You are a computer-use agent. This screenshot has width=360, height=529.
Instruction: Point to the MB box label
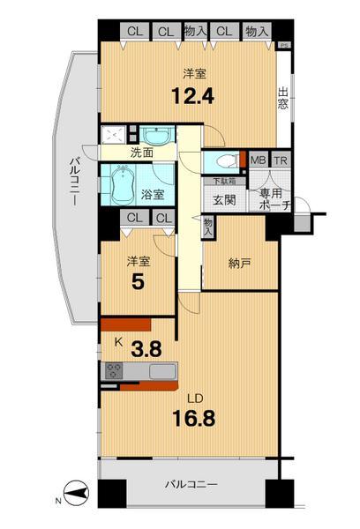[258, 160]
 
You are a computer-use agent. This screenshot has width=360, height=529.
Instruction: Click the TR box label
[280, 160]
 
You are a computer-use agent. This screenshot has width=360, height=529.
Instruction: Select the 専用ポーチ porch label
[270, 199]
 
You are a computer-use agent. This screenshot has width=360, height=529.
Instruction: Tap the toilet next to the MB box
[228, 161]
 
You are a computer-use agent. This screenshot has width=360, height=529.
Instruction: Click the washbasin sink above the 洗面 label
[158, 137]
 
